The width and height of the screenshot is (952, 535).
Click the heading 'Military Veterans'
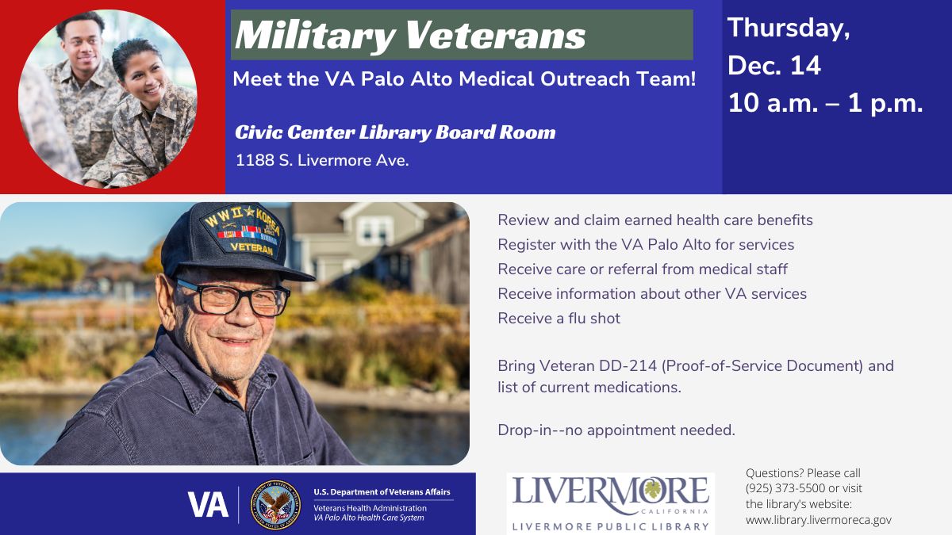coord(410,35)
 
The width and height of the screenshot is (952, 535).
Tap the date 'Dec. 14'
coord(773,65)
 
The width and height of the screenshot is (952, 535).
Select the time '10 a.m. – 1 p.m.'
coord(825,103)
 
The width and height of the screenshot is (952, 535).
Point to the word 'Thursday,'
coord(789,27)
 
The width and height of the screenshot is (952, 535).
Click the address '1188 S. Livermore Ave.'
coord(322,160)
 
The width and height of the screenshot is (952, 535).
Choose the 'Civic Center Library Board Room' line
coord(395,132)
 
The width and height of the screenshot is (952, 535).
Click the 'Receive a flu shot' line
coord(559,319)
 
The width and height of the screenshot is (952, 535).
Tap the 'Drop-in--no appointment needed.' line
coord(616,430)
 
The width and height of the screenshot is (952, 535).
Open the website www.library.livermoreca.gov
coord(818,520)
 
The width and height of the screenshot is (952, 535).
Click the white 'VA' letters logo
coord(208,504)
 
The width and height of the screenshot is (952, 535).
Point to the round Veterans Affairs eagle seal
coord(275,504)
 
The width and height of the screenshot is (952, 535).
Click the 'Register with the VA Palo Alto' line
coord(646,244)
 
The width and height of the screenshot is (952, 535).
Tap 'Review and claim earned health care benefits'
coord(655,220)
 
